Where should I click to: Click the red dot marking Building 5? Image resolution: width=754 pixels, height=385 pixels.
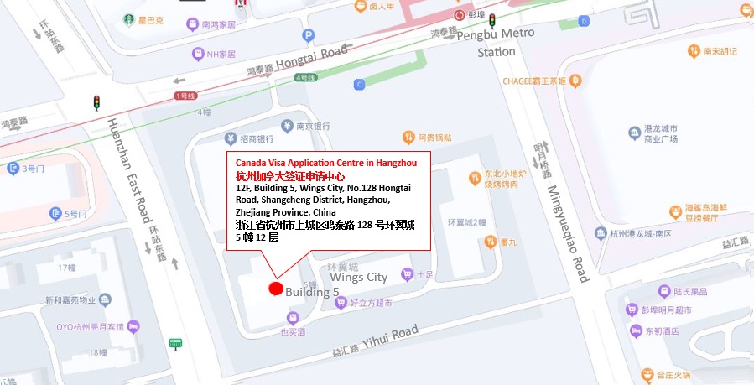click(x=275, y=289)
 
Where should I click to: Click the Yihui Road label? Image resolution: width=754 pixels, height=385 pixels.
click(x=387, y=338)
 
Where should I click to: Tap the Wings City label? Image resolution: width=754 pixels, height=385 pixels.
click(x=358, y=277)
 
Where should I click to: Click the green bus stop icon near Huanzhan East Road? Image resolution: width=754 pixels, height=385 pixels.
click(x=175, y=343)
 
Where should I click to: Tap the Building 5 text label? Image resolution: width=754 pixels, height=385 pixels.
click(x=311, y=292)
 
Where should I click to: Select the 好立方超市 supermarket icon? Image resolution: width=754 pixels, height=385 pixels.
click(x=340, y=303)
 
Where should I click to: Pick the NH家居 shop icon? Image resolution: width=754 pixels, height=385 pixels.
click(x=198, y=55)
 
